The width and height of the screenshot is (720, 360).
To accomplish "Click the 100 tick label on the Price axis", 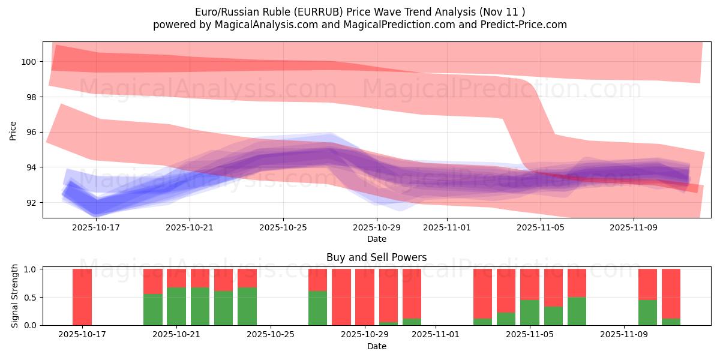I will click(28, 62).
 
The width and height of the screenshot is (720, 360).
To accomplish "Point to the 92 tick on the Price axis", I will click(31, 203).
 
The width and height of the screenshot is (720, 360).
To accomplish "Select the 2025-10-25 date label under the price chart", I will click(283, 228).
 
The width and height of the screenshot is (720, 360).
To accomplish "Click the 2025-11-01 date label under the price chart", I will click(447, 228).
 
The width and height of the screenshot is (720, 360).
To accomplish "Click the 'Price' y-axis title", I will click(13, 130).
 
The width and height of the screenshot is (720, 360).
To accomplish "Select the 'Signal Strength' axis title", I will click(15, 297).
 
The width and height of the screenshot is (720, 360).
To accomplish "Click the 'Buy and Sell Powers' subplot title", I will click(377, 257).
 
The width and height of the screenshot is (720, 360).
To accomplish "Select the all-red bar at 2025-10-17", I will click(82, 297).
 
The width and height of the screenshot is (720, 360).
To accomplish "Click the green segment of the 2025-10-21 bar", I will click(176, 306).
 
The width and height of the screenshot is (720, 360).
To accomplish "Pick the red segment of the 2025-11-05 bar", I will click(530, 284).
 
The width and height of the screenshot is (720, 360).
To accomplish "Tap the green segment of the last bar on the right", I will click(671, 322).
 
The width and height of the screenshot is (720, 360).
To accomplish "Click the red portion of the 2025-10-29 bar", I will click(365, 297).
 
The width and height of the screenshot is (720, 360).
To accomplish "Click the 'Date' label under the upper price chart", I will click(377, 239).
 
